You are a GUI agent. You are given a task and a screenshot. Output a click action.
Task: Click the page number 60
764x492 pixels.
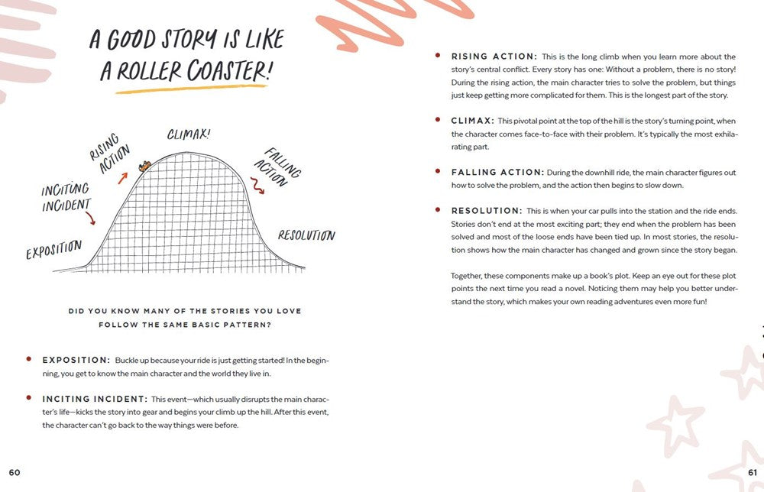click(x=15, y=473)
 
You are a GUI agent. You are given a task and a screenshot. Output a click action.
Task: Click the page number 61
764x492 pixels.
click(x=753, y=473)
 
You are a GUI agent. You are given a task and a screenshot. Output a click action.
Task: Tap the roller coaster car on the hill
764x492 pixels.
click(x=143, y=166)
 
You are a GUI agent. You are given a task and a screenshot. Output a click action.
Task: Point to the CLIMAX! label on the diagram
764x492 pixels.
click(x=189, y=135)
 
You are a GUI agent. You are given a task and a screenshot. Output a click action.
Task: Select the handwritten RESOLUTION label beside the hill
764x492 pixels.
click(x=306, y=235)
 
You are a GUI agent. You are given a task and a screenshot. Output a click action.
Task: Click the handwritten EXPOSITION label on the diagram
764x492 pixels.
click(x=53, y=250)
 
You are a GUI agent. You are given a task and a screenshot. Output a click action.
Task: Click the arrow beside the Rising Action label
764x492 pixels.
click(x=122, y=178)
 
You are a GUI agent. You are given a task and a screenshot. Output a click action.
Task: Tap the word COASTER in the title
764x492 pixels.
click(x=226, y=71)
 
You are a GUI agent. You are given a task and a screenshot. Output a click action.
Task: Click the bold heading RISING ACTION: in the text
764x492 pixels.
click(x=494, y=57)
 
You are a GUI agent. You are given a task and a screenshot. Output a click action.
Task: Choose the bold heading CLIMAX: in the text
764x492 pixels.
click(x=471, y=121)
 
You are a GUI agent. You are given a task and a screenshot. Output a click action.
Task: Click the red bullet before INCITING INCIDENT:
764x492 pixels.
click(x=28, y=398)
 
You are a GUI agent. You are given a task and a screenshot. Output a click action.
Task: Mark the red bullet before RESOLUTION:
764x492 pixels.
click(x=437, y=209)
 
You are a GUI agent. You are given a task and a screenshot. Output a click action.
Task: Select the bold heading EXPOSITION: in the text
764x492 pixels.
click(x=76, y=360)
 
